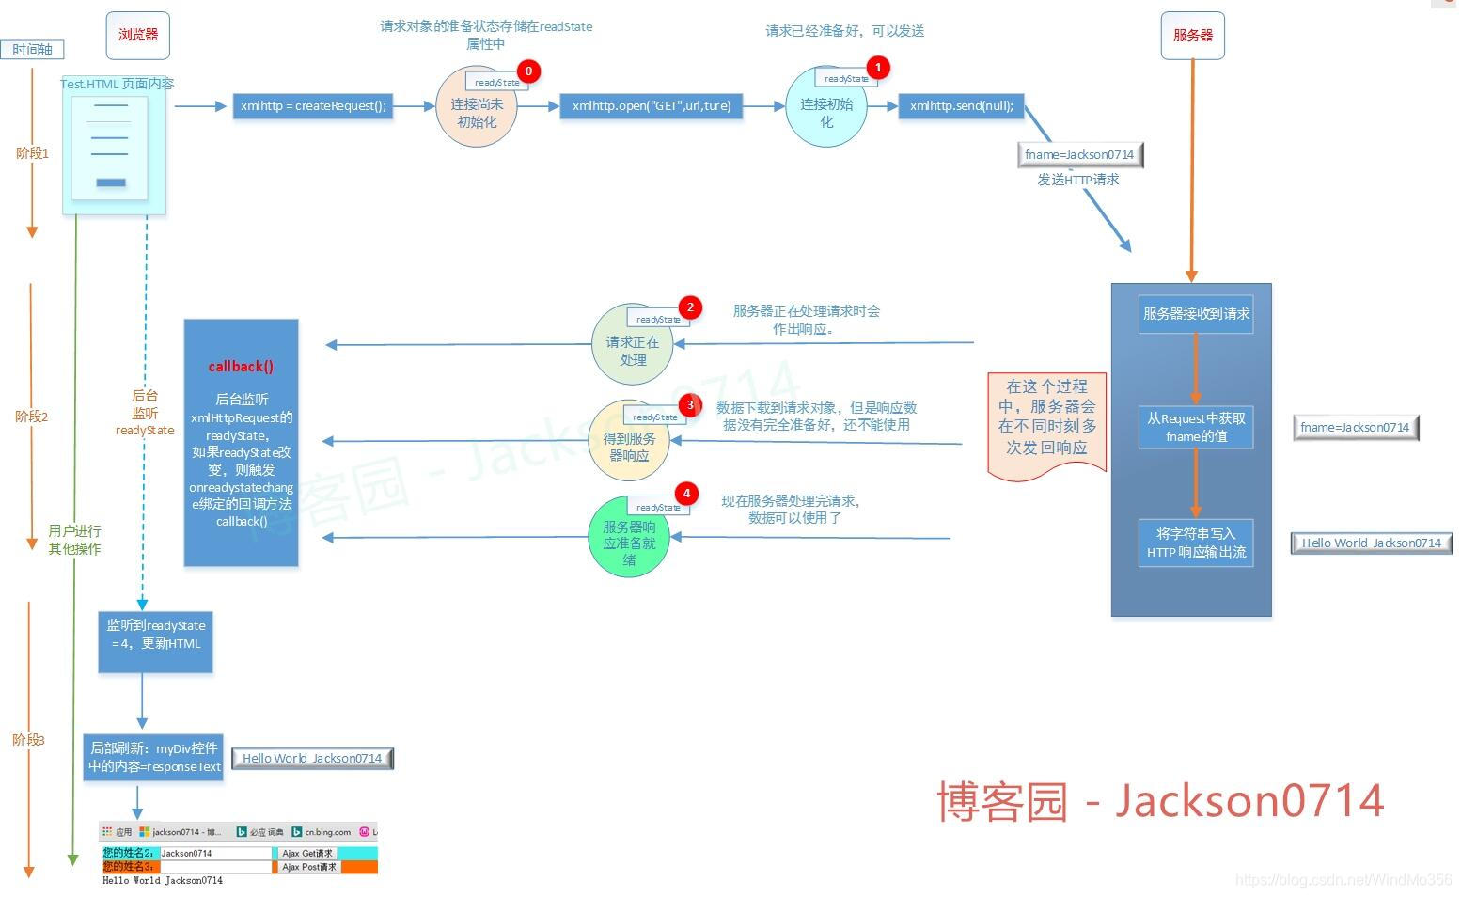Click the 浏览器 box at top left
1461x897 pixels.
pos(138,36)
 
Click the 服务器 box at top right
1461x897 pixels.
pos(1192,36)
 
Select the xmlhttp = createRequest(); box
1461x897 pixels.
pos(313,106)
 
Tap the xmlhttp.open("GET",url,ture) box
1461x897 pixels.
pos(651,106)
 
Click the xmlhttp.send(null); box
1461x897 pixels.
pos(961,106)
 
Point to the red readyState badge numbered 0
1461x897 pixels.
pos(528,71)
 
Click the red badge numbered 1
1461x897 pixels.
pos(878,68)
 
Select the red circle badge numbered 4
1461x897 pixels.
pos(686,494)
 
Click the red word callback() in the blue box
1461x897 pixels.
pos(241,367)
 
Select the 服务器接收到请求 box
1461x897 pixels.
pos(1196,314)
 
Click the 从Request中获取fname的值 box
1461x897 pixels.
pos(1196,427)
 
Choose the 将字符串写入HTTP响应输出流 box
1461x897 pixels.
pos(1196,543)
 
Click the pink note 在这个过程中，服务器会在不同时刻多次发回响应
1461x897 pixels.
pos(1046,418)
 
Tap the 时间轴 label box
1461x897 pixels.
pos(32,50)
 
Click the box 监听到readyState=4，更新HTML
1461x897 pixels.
pos(155,640)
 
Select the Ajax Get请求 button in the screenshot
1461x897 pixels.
pos(307,854)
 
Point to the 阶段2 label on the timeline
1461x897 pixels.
pos(31,417)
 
